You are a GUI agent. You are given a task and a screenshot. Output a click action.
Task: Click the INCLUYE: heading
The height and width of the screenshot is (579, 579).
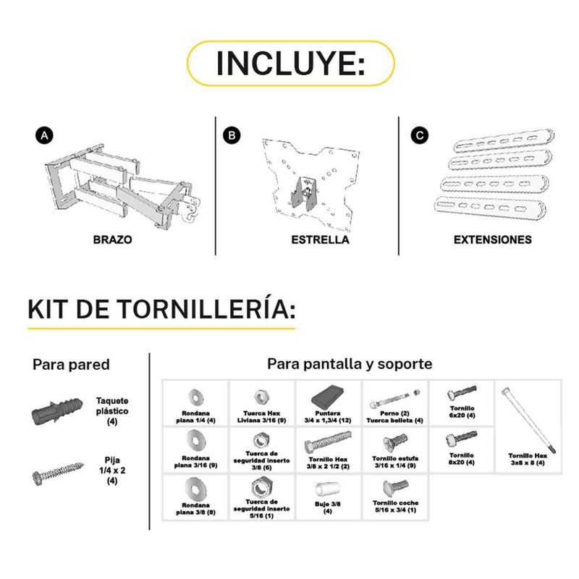point(291,63)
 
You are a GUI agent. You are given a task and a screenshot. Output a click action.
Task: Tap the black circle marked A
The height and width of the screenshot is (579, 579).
point(44,135)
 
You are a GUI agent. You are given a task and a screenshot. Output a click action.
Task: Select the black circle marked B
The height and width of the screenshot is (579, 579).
point(232,135)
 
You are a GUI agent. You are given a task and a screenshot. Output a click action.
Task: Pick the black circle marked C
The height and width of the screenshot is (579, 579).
point(420,135)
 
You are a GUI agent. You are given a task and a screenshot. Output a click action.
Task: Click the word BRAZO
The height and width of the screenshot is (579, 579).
point(112,240)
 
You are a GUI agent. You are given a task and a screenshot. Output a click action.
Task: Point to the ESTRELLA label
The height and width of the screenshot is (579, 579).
point(320,240)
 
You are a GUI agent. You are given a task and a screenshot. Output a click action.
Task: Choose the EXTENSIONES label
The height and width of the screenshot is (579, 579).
point(493,240)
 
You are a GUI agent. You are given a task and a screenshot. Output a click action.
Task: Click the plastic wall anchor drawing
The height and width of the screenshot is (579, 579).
point(57,411)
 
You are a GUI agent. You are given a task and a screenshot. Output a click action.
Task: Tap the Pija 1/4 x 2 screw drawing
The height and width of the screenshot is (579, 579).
point(58,473)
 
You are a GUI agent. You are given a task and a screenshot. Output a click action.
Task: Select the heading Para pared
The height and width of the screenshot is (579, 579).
point(71,365)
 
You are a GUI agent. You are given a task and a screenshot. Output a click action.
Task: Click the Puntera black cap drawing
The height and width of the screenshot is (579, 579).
point(328,397)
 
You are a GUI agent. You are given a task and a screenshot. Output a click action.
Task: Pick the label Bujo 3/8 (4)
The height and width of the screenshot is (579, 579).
point(328,507)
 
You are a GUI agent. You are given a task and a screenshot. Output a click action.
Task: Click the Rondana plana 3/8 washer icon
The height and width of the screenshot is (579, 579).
point(195,488)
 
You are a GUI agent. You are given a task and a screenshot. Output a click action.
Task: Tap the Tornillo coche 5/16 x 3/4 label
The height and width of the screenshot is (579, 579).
point(395,506)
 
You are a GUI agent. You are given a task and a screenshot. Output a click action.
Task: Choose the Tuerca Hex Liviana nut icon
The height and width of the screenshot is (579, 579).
point(261,397)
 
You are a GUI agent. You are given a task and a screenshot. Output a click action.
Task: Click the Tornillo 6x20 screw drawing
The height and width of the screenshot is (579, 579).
point(462,393)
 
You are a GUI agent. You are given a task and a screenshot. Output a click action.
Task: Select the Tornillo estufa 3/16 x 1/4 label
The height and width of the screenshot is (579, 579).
point(395,462)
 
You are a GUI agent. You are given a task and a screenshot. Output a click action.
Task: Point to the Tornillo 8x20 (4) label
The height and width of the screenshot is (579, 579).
point(462,459)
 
